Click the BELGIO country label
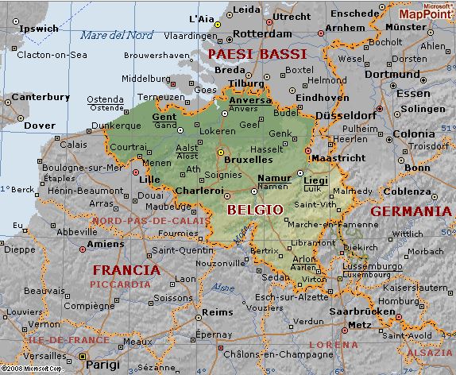tap(254, 210)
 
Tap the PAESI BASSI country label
tap(257, 54)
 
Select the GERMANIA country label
tap(411, 211)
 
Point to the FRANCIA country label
tap(126, 269)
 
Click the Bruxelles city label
tap(248, 159)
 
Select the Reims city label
tap(218, 312)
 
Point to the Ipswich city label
tap(39, 28)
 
